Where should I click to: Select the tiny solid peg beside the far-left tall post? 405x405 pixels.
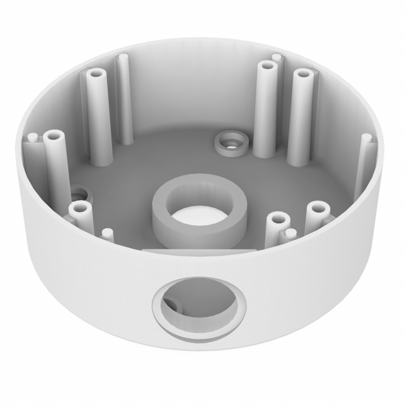(x=30, y=137)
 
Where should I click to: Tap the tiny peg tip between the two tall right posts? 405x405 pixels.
(x=276, y=58)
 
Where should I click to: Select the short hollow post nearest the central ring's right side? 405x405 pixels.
(x=277, y=221)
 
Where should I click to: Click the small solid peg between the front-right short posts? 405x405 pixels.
(x=290, y=234)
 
